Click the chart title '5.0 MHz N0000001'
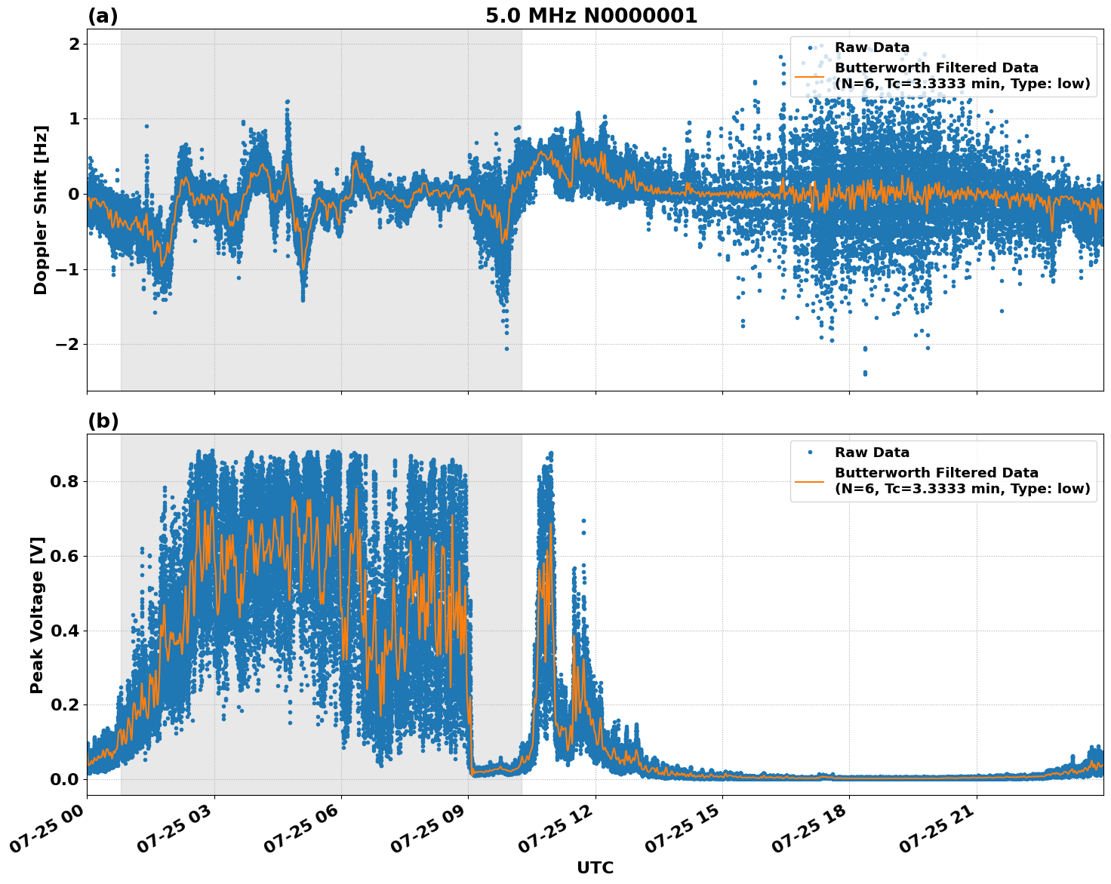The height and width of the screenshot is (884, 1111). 591,16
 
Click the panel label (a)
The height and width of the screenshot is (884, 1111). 103,16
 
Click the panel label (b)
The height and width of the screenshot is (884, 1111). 103,421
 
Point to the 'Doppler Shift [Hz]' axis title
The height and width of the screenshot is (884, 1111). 41,210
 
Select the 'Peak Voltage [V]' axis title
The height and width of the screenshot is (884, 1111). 37,615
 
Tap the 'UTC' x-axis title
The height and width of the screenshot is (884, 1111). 595,867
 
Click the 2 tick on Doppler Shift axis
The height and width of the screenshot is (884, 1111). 74,44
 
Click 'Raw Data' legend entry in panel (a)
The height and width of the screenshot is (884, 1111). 872,48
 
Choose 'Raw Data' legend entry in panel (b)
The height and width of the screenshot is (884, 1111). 872,453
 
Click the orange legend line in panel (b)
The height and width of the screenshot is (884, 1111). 809,480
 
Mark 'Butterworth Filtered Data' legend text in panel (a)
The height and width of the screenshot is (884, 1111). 936,68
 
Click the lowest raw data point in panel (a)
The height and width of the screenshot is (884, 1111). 865,373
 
